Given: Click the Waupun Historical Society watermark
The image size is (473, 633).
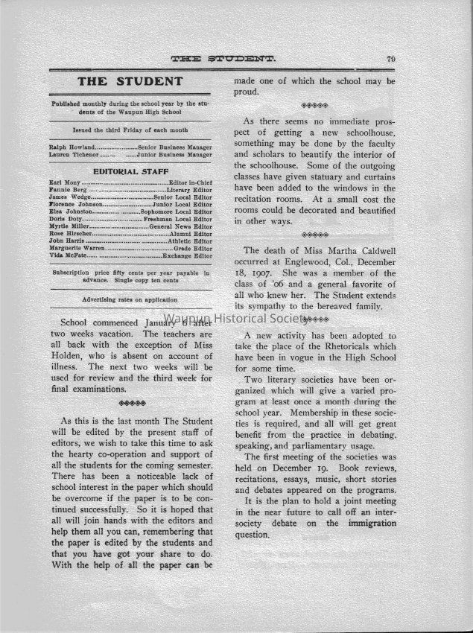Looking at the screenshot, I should [237, 318].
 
